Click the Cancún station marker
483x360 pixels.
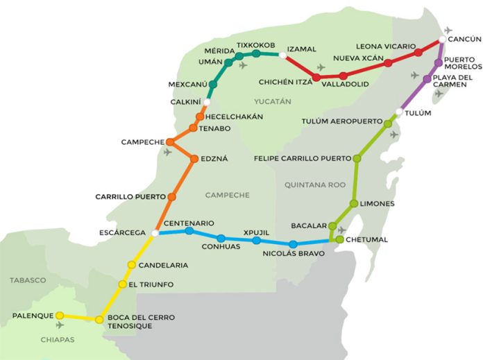click(x=442, y=40)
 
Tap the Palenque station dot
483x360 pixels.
click(x=60, y=316)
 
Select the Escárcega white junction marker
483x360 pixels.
click(x=155, y=233)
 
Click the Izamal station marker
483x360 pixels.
click(x=283, y=54)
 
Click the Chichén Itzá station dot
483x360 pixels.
click(x=316, y=77)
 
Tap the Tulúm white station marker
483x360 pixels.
click(x=399, y=112)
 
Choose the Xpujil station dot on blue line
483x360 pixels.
click(x=256, y=240)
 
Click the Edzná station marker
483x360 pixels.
click(x=194, y=159)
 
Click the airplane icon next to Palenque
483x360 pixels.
click(x=60, y=325)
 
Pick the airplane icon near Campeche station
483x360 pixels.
click(x=167, y=152)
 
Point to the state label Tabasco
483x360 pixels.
click(x=28, y=280)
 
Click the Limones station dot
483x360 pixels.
click(x=354, y=203)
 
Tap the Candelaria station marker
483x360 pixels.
click(x=130, y=265)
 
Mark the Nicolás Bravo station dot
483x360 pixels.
click(x=293, y=244)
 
